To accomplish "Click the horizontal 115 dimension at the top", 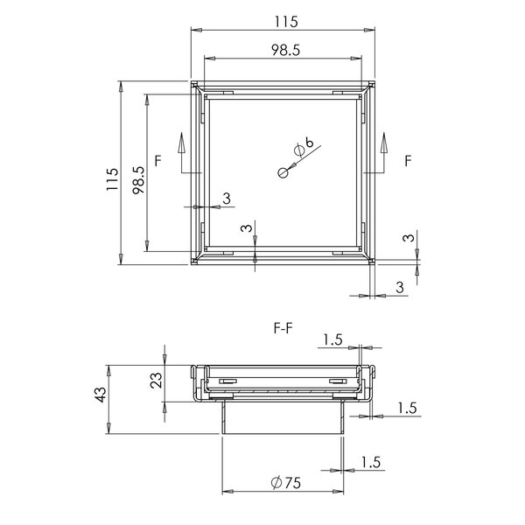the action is tap(286, 22).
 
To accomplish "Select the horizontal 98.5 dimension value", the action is tap(285, 50).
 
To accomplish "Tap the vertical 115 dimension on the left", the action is tap(113, 179).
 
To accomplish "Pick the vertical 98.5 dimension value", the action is tap(138, 180).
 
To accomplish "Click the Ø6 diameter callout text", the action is tap(304, 147).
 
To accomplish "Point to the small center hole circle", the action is tap(283, 173).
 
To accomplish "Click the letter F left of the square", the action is tap(158, 161).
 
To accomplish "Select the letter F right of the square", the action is tap(408, 161).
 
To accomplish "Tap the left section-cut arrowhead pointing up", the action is tap(181, 143).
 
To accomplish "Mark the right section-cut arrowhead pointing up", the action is tap(384, 143).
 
